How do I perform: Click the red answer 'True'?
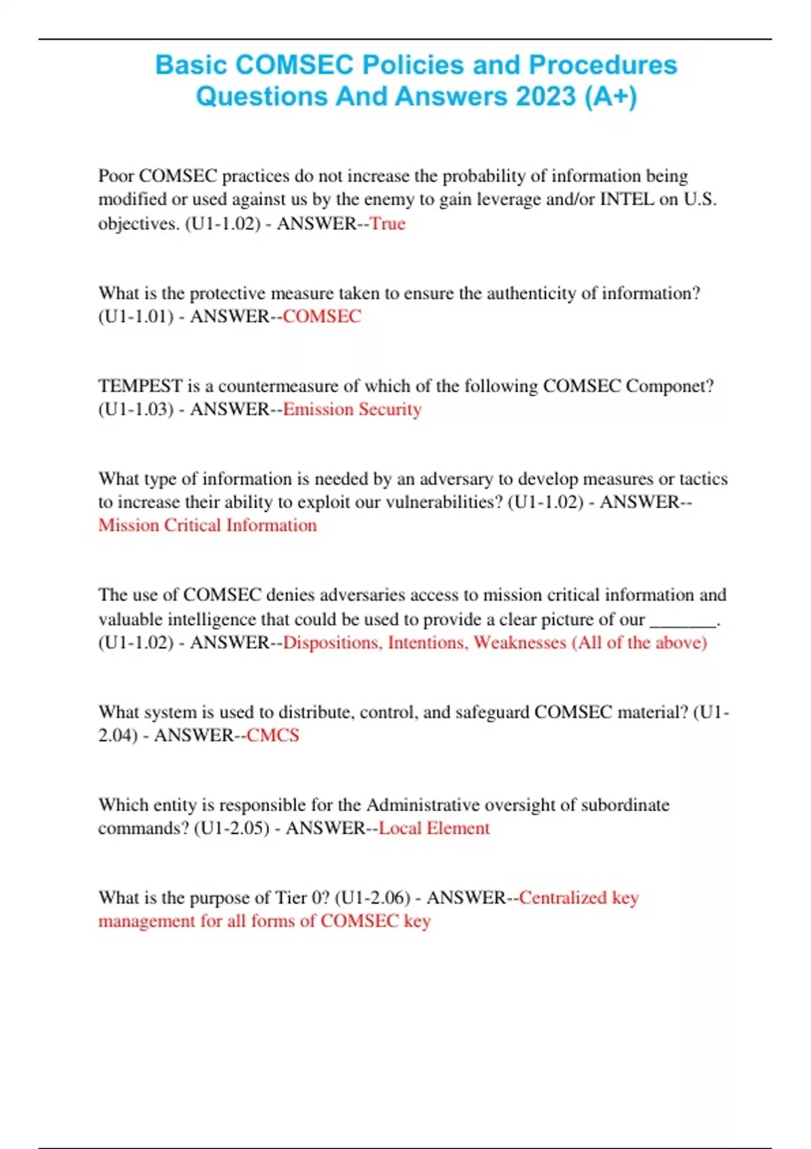tap(387, 224)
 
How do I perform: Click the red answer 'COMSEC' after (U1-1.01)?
tap(322, 316)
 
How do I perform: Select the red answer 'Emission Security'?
tap(352, 410)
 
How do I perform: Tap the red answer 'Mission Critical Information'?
tap(207, 525)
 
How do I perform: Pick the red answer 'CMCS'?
tap(272, 735)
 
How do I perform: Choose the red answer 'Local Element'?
tap(434, 828)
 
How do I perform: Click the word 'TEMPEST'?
tap(140, 386)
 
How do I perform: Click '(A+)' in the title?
tap(610, 96)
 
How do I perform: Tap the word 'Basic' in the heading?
tap(191, 65)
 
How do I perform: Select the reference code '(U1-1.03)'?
tap(136, 410)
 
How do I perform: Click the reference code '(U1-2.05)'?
tap(231, 828)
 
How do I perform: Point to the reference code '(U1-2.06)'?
tap(372, 898)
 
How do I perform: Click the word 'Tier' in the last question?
tap(292, 898)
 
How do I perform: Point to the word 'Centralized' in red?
tap(563, 898)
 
